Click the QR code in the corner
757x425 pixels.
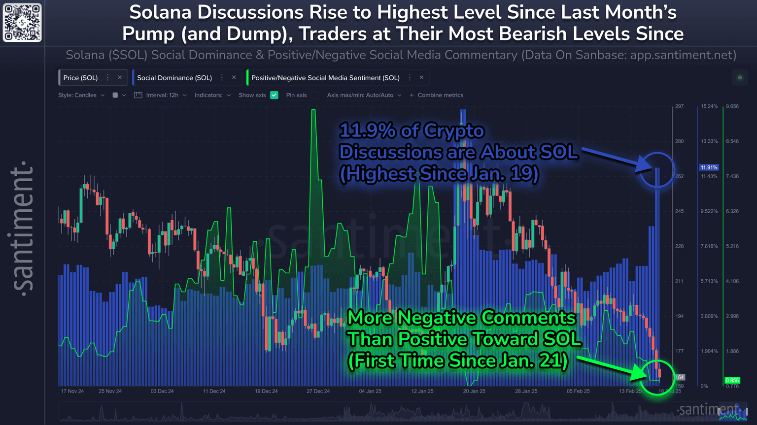point(22,23)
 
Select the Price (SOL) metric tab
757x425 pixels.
point(80,78)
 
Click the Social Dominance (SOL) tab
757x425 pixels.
point(174,78)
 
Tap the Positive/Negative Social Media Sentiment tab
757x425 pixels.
point(325,78)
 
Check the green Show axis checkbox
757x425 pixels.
point(275,95)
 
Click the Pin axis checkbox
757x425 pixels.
point(315,95)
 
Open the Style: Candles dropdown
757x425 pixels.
point(81,95)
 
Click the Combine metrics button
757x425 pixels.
point(437,95)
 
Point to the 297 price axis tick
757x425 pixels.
point(679,106)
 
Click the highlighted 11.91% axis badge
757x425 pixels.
point(709,167)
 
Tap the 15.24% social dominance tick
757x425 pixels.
point(709,106)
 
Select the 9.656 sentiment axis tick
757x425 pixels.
point(732,106)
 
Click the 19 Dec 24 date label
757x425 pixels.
point(266,391)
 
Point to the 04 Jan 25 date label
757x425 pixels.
point(370,391)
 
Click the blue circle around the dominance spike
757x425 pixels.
point(657,170)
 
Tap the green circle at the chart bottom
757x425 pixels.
point(658,378)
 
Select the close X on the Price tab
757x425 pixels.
point(120,77)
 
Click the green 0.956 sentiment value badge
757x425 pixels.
point(732,380)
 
